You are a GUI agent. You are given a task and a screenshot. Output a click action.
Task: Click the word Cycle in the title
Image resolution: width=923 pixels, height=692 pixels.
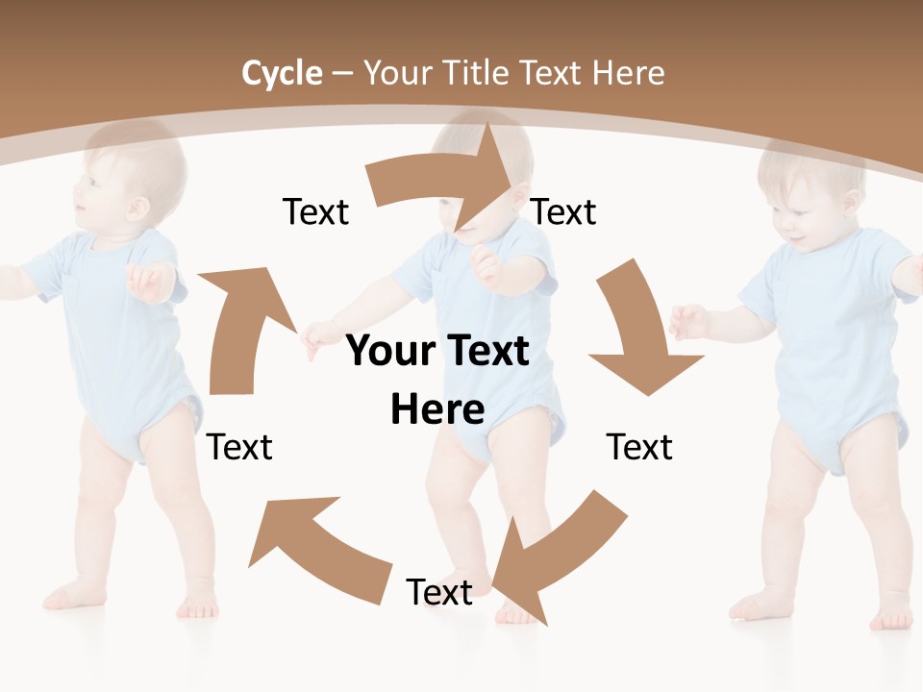tap(282, 73)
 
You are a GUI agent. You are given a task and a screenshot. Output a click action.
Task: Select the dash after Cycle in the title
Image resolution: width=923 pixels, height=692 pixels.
tap(342, 73)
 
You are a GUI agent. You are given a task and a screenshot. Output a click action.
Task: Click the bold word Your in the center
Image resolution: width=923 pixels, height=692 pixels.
tap(389, 351)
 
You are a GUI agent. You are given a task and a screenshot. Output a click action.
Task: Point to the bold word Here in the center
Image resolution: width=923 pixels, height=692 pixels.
tap(437, 409)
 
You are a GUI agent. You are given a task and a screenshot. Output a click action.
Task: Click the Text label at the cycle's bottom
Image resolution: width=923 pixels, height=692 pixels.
tap(439, 593)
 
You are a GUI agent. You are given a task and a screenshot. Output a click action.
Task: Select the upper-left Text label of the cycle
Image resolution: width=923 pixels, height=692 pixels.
tap(315, 212)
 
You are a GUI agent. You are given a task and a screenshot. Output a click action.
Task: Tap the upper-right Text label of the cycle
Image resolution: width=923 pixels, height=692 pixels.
tap(563, 212)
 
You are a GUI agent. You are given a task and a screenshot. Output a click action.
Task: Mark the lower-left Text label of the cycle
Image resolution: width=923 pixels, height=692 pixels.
tap(239, 447)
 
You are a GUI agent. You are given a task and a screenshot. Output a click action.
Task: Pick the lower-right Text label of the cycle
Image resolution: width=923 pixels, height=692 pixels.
tap(639, 447)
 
